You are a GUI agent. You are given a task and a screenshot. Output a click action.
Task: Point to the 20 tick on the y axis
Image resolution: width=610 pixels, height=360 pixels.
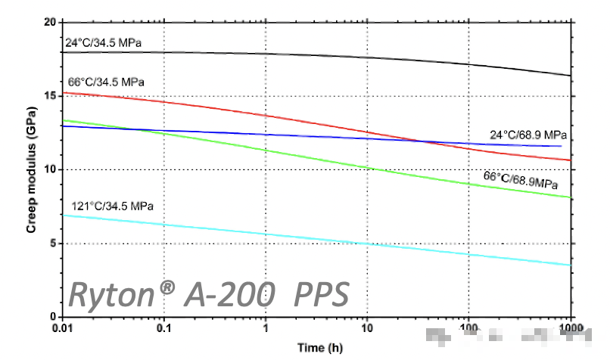click(x=51, y=22)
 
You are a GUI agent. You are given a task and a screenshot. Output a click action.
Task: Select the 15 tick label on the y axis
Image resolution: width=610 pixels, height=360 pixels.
click(x=51, y=96)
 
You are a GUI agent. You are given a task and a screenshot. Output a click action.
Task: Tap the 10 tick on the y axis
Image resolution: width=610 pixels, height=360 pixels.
click(x=51, y=169)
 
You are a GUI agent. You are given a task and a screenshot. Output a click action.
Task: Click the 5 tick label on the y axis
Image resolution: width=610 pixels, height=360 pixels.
click(x=53, y=244)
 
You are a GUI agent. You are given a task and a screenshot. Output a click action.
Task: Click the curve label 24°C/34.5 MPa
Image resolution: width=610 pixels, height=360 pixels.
click(x=103, y=42)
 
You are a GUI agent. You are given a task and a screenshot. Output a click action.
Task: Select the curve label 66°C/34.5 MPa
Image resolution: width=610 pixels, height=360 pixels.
click(x=106, y=81)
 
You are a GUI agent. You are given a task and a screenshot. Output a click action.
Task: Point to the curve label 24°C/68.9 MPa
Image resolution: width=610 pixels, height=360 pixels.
click(x=528, y=135)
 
